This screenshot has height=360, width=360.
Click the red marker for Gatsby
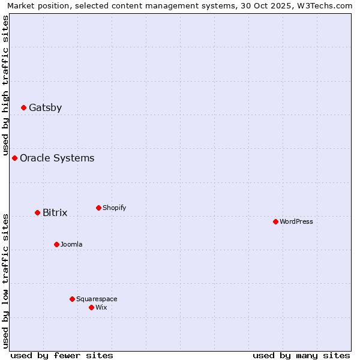click(x=23, y=108)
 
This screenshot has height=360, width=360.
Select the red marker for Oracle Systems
click(x=14, y=158)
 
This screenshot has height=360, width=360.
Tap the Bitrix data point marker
click(x=37, y=213)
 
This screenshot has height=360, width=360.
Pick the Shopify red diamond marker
click(x=98, y=208)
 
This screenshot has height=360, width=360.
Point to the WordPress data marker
click(x=275, y=222)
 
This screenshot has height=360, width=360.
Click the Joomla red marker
click(x=56, y=245)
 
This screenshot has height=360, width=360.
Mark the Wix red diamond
click(x=91, y=308)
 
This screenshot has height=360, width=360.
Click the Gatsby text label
click(x=45, y=108)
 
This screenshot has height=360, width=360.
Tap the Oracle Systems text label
click(x=57, y=158)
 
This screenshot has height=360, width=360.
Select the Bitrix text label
click(x=55, y=213)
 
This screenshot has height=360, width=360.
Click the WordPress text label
click(x=296, y=222)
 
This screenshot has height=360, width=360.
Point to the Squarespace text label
click(x=97, y=299)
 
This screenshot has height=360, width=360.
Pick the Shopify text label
click(x=114, y=208)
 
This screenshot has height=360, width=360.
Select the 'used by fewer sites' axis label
click(x=62, y=355)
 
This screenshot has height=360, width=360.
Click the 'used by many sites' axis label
click(x=301, y=355)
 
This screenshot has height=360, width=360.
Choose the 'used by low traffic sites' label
click(x=5, y=280)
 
